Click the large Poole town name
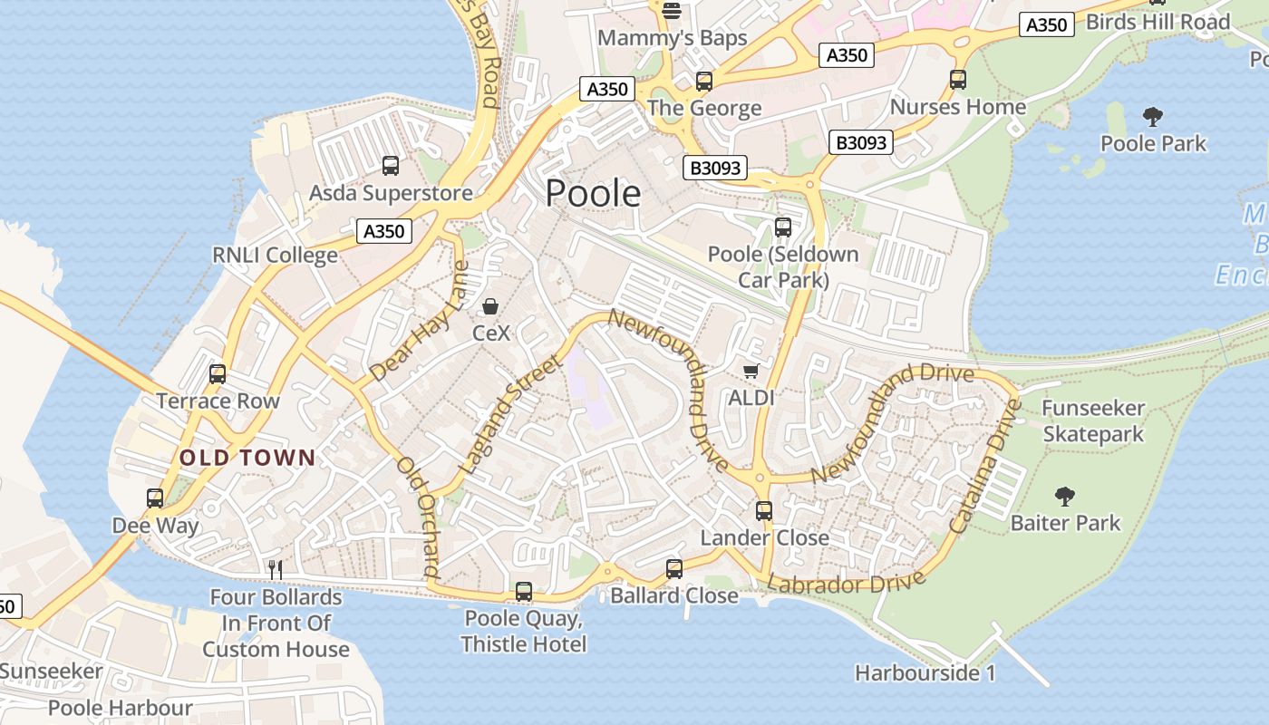tap(593, 194)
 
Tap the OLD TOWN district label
tap(247, 458)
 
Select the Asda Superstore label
tap(391, 193)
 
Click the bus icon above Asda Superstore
tap(391, 166)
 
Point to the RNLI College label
tap(275, 256)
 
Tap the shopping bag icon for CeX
tap(490, 307)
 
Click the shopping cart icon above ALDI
tap(751, 371)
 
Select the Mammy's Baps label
tap(673, 38)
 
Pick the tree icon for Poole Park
tap(1153, 116)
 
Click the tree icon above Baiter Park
tap(1065, 496)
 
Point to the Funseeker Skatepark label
tap(1093, 421)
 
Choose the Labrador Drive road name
tap(847, 582)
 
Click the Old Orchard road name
tap(419, 517)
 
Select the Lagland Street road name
tap(510, 415)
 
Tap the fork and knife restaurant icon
tap(276, 570)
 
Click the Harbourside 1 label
tap(925, 673)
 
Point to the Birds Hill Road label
tap(1158, 22)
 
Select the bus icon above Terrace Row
tap(218, 374)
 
